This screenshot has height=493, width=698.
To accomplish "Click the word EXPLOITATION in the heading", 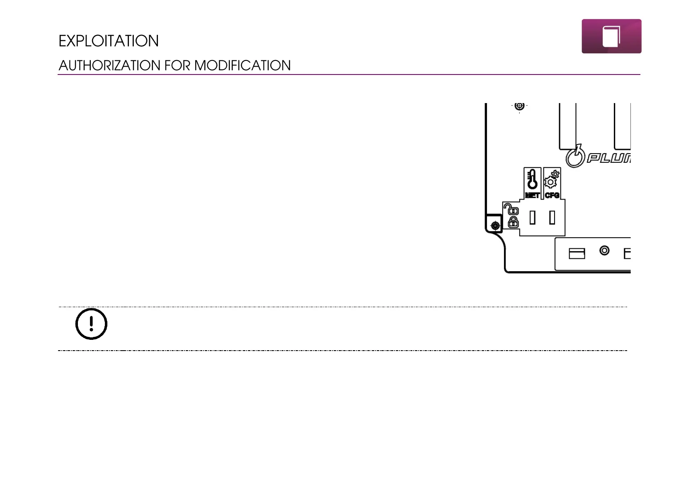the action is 109,41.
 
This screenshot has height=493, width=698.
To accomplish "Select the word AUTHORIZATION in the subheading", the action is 109,65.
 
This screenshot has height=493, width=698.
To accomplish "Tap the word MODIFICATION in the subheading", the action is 242,65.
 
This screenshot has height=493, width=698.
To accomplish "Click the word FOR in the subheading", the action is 177,65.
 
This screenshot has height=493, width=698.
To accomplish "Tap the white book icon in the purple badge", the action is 611,36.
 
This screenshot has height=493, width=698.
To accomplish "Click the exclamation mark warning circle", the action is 91,324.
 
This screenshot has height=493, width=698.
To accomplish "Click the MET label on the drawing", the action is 532,195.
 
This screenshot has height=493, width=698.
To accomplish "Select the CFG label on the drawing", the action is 552,195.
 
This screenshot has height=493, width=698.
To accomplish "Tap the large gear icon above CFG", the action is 550,182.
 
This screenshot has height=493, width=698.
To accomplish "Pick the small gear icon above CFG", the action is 555,174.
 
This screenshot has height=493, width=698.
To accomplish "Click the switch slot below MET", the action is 533,217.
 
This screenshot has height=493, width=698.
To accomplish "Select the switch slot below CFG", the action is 552,217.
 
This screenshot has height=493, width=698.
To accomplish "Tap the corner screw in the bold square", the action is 495,226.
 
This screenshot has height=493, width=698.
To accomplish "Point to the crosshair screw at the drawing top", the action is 519,106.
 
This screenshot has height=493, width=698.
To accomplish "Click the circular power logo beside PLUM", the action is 575,157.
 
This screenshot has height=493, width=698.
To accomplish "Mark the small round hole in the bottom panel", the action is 604,250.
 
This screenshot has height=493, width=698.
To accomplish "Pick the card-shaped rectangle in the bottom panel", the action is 577,253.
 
